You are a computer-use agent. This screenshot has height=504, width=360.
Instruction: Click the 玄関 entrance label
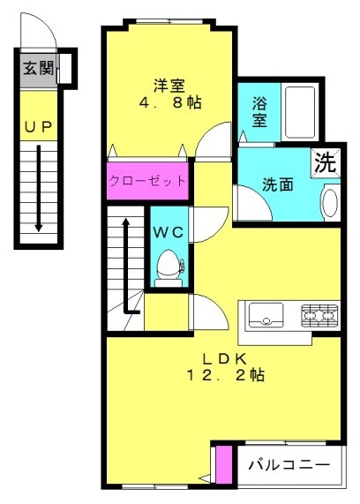click(38, 68)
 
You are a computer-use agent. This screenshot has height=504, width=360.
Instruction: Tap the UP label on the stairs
click(38, 128)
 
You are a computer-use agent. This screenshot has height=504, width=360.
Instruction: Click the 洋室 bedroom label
click(169, 86)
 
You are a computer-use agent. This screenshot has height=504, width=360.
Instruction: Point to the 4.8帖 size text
click(170, 102)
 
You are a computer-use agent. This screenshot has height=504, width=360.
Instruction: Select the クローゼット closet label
click(147, 181)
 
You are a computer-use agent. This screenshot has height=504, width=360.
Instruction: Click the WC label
click(169, 232)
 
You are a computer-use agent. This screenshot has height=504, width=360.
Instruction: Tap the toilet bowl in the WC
click(169, 264)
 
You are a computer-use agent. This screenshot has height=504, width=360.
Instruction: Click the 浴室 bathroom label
click(259, 112)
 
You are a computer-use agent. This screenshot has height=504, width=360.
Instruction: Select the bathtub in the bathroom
click(300, 112)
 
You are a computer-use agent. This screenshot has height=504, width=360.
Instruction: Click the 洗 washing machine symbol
click(326, 163)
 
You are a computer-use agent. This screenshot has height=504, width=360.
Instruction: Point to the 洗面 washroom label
click(278, 184)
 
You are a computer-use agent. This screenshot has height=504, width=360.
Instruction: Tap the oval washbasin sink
click(330, 203)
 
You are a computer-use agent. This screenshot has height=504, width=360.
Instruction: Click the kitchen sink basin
click(266, 315)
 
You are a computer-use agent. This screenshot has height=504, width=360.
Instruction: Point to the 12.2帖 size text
click(226, 375)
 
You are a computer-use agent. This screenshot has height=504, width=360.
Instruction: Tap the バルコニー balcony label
click(289, 465)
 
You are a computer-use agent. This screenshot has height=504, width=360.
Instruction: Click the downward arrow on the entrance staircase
click(39, 188)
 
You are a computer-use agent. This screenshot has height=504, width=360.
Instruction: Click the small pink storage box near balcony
click(224, 464)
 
